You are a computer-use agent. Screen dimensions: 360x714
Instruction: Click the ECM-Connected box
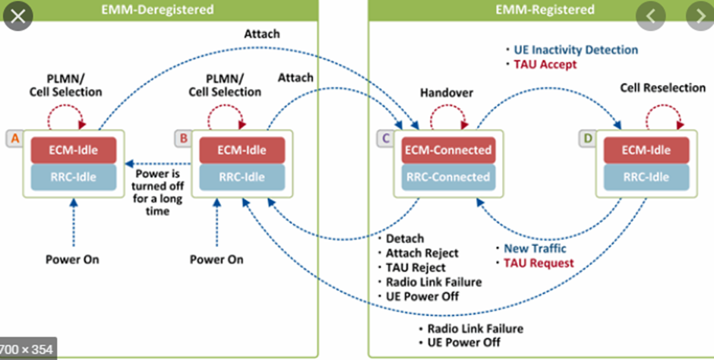pos(447,150)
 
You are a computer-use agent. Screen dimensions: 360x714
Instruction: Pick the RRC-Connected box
pos(447,177)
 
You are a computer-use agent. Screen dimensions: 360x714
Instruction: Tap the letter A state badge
pos(14,138)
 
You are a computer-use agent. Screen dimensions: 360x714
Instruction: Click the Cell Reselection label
pos(662,88)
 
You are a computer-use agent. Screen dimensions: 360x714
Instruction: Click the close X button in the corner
pos(17,16)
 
